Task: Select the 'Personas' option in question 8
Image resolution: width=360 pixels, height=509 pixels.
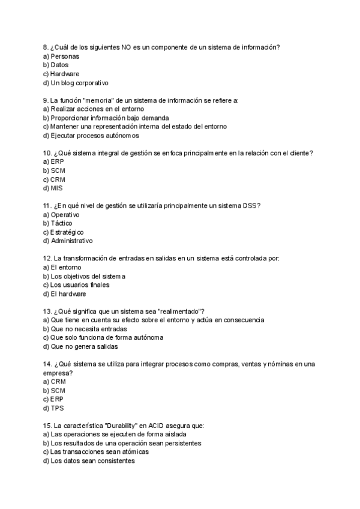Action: [65, 56]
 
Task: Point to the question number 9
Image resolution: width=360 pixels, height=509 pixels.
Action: [46, 100]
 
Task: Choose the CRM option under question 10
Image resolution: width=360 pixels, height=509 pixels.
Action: [58, 179]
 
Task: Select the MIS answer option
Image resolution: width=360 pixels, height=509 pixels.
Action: [57, 188]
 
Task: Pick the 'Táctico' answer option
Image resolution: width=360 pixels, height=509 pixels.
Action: [61, 223]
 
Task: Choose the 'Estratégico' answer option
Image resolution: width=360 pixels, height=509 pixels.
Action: [67, 232]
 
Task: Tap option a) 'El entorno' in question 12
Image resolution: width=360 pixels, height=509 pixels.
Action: [66, 267]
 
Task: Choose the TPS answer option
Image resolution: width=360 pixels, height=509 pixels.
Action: [57, 408]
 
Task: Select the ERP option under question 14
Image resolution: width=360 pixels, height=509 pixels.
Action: [58, 399]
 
